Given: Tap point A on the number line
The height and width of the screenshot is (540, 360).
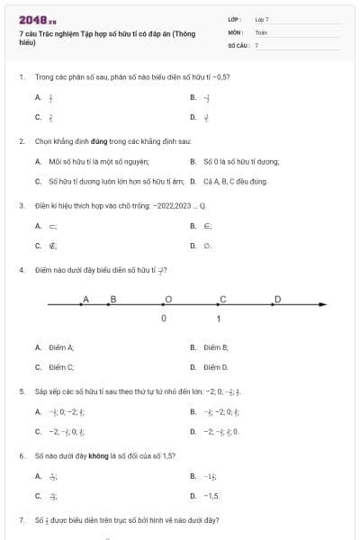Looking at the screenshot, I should point(81,306).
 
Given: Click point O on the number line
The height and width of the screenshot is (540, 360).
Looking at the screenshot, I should point(164,306).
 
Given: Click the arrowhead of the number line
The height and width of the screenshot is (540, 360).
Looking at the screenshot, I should point(320,306).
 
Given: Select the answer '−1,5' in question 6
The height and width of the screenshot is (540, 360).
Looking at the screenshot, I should point(211,496).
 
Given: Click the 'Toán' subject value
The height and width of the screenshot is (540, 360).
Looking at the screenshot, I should point(261,31).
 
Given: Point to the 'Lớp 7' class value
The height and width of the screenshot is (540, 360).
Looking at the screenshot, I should point(262,19).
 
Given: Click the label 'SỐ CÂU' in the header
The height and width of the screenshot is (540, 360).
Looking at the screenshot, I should point(237,44).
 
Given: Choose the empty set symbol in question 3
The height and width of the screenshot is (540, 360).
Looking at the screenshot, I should point(208,245).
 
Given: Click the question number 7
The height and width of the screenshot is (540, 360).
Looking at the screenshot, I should point(21,520).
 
